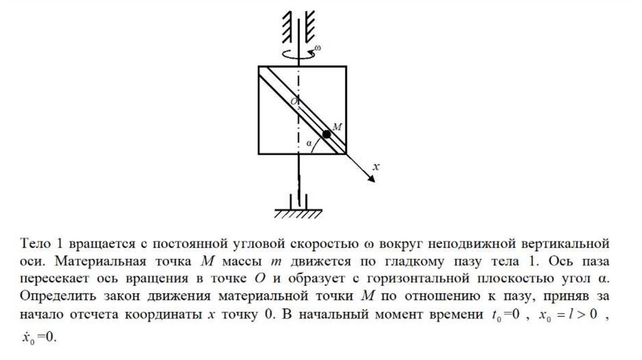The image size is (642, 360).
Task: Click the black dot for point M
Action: (327, 134)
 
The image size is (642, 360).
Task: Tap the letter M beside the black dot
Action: (336, 127)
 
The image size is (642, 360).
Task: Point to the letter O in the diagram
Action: (293, 100)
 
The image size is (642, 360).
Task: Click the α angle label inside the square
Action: (308, 143)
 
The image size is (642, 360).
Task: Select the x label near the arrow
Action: (376, 167)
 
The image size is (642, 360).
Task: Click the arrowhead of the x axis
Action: (371, 179)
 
